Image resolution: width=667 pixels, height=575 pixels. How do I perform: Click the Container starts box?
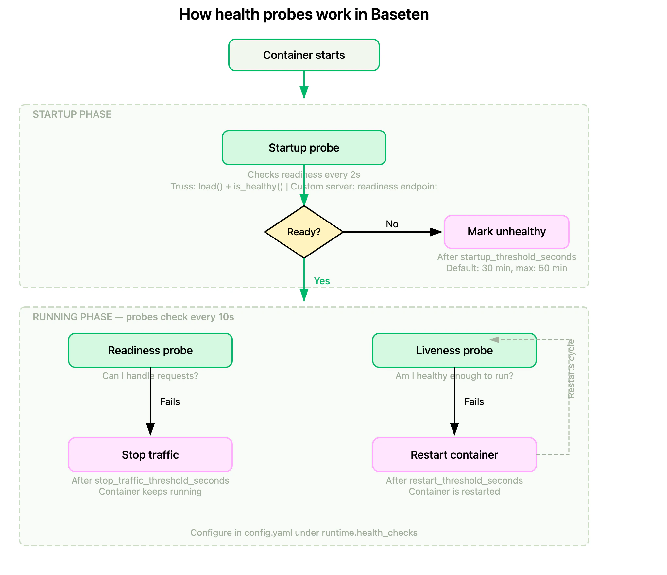[304, 55]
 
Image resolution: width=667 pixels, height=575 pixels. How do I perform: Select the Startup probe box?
[304, 148]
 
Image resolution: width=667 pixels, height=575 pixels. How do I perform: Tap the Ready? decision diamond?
[304, 232]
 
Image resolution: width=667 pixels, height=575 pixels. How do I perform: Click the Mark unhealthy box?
[506, 232]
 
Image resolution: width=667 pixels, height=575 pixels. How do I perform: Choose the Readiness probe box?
[150, 350]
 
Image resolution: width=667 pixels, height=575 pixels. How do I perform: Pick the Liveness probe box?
[454, 350]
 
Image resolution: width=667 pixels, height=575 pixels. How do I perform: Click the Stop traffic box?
[150, 455]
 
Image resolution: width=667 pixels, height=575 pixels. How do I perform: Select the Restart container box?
[454, 455]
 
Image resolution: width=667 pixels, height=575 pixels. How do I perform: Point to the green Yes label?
[322, 281]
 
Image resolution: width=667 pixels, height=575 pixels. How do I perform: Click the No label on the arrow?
[392, 224]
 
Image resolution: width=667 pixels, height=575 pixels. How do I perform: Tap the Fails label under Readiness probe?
[170, 402]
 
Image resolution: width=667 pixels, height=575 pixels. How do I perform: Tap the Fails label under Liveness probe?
[474, 402]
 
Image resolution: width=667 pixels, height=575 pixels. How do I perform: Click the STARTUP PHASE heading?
[72, 114]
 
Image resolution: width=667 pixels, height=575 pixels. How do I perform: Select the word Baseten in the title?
[400, 15]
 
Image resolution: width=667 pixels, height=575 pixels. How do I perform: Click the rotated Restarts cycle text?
[571, 369]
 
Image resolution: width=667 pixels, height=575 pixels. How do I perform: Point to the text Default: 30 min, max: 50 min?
[506, 268]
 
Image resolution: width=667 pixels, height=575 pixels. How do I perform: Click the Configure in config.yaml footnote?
[304, 533]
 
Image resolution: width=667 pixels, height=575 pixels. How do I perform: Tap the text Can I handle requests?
[150, 376]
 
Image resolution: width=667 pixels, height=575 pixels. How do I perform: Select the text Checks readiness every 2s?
[304, 175]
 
